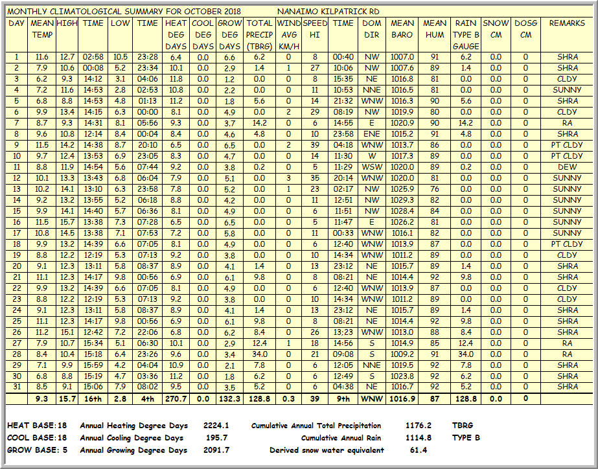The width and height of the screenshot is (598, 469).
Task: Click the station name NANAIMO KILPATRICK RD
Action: click(x=328, y=12)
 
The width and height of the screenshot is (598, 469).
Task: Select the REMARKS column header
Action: click(x=567, y=23)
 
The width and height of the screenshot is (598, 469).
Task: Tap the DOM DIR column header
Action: click(x=371, y=29)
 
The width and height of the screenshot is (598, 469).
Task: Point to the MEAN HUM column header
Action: click(x=434, y=29)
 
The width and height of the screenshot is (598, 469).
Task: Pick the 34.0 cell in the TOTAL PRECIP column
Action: click(x=259, y=354)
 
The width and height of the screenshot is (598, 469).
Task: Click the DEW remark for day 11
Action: click(x=567, y=166)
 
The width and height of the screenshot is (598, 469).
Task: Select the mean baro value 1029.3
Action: click(x=402, y=200)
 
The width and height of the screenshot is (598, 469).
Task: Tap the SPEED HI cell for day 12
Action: click(x=315, y=177)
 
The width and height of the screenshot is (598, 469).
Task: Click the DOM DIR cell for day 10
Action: click(x=371, y=155)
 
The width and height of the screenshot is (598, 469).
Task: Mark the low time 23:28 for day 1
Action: click(x=147, y=56)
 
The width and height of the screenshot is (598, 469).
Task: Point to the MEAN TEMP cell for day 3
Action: click(x=42, y=78)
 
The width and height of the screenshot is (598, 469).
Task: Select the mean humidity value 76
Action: click(x=434, y=189)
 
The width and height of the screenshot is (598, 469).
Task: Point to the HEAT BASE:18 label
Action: click(x=36, y=426)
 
